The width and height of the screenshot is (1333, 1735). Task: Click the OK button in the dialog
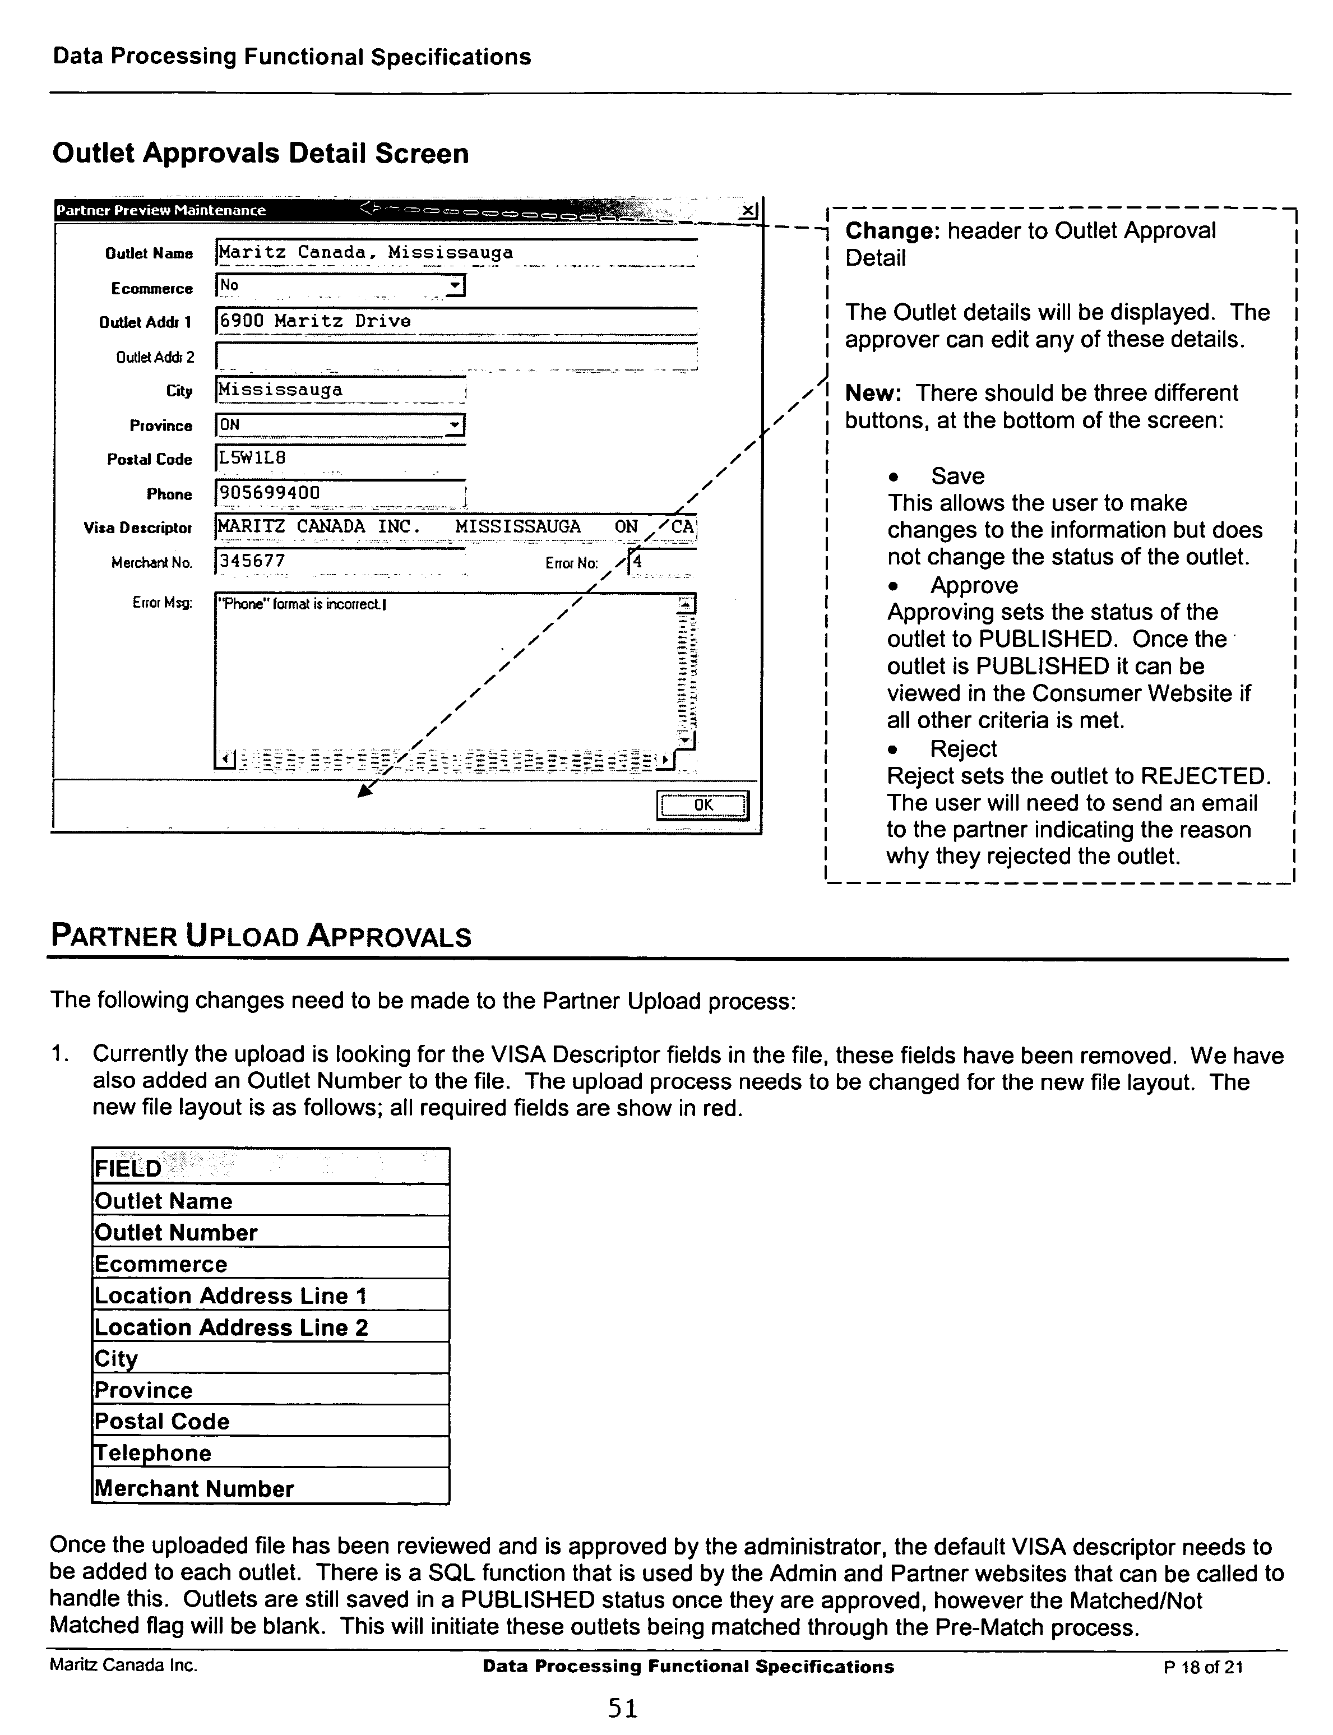pyautogui.click(x=702, y=805)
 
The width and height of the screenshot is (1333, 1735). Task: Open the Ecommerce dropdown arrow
pyautogui.click(x=455, y=285)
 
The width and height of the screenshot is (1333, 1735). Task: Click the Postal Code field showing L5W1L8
pyautogui.click(x=340, y=458)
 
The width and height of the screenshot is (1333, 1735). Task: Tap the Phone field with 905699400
pyautogui.click(x=340, y=493)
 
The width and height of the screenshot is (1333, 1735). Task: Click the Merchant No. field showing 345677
pyautogui.click(x=340, y=561)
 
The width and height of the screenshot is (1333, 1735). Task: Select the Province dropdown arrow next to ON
pyautogui.click(x=455, y=425)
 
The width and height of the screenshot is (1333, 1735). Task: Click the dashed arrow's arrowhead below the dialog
pyautogui.click(x=365, y=791)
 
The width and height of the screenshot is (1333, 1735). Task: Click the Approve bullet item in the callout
pyautogui.click(x=974, y=585)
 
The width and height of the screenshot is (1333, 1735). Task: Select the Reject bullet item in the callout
pyautogui.click(x=962, y=749)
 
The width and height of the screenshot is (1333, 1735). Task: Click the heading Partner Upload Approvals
pyautogui.click(x=261, y=936)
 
